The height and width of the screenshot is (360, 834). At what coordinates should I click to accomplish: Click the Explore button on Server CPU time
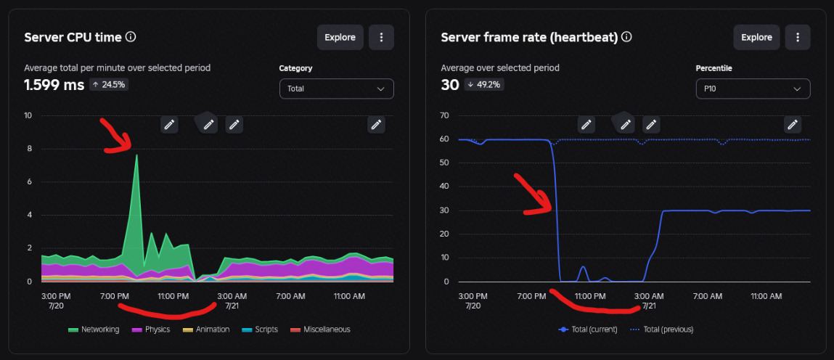[340, 37]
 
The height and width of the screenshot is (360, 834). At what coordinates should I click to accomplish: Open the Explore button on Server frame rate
[757, 37]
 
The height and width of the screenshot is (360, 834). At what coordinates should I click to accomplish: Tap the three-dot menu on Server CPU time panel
[381, 37]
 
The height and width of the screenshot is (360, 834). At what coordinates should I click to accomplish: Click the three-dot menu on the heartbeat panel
[798, 37]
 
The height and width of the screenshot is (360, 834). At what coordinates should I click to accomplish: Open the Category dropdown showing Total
[337, 89]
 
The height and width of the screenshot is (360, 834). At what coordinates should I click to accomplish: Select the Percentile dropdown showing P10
[753, 89]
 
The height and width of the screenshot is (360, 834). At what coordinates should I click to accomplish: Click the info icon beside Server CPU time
[131, 37]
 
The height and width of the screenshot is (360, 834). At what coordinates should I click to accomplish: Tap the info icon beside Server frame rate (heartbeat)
[626, 37]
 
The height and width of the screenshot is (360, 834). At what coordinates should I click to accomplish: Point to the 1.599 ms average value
[54, 84]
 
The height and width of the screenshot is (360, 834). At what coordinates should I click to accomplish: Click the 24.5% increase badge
[109, 84]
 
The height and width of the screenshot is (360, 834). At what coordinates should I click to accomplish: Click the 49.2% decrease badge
[483, 84]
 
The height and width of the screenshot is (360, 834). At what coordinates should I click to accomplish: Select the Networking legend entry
[94, 330]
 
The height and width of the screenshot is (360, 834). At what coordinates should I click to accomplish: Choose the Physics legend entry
[151, 330]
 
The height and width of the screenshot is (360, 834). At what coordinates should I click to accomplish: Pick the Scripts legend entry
[260, 330]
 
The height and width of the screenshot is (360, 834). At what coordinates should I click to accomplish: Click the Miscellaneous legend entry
[320, 330]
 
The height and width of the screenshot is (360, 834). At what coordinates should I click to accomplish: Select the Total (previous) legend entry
[662, 330]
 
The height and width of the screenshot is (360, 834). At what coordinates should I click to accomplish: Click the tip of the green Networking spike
[136, 155]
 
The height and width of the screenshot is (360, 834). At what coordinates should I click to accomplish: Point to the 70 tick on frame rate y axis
[446, 115]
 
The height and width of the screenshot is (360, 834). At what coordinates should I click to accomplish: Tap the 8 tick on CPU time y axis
[29, 149]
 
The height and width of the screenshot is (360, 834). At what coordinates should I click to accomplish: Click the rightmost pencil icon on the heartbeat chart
[793, 124]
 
